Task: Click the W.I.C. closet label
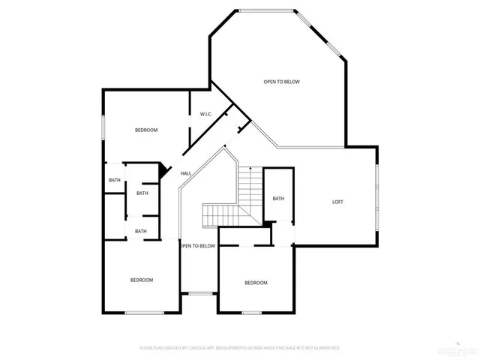(x=205, y=114)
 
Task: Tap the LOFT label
(x=338, y=202)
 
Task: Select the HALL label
(x=185, y=173)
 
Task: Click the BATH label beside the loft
(x=278, y=199)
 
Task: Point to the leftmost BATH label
(x=114, y=180)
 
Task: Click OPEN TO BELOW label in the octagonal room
(x=281, y=82)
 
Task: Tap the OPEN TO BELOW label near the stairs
(x=197, y=246)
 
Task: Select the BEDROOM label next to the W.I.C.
(x=146, y=130)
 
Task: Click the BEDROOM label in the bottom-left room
(x=142, y=280)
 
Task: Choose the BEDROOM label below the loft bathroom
(x=256, y=283)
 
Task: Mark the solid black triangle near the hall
(x=162, y=170)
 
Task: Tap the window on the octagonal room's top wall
(x=266, y=10)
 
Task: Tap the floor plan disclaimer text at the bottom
(x=240, y=348)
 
